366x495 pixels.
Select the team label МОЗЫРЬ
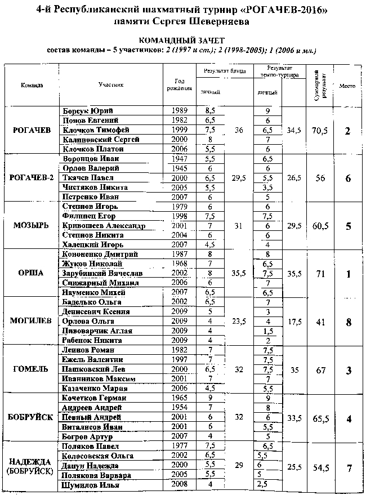tap(32, 225)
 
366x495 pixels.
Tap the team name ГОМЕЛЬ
tap(32, 368)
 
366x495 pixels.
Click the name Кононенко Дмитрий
tap(99, 255)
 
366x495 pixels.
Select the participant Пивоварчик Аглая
tap(99, 331)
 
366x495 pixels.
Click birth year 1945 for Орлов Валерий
tap(178, 168)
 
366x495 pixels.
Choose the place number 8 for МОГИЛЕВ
tap(348, 322)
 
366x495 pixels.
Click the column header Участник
tap(110, 84)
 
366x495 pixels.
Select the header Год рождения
tap(179, 84)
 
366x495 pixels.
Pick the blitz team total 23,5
tap(239, 322)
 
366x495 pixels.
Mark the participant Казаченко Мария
tap(97, 388)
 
